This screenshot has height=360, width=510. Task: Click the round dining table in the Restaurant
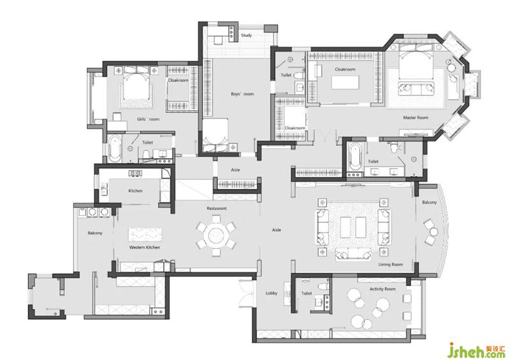pos(215,235)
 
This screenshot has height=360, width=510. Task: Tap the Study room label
pos(246,35)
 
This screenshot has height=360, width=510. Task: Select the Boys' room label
pos(242,94)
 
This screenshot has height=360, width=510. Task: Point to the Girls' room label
pos(148,119)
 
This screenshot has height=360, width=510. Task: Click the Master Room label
pos(416,117)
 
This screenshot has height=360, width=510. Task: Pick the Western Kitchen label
pos(145,247)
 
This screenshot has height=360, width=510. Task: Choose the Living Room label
pos(390,264)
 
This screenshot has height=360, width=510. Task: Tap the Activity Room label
pos(382,289)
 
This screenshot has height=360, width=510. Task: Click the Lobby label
pos(272,293)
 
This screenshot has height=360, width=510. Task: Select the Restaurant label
pos(217,208)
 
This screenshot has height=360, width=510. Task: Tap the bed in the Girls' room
pos(136,87)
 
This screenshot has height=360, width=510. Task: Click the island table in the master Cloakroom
pos(345,82)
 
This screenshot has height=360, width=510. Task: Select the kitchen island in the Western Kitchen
pos(145,234)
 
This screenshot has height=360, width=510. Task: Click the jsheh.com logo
pos(477,350)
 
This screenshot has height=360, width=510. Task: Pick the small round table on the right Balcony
pos(433,232)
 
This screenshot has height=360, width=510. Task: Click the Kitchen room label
pos(135,191)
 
